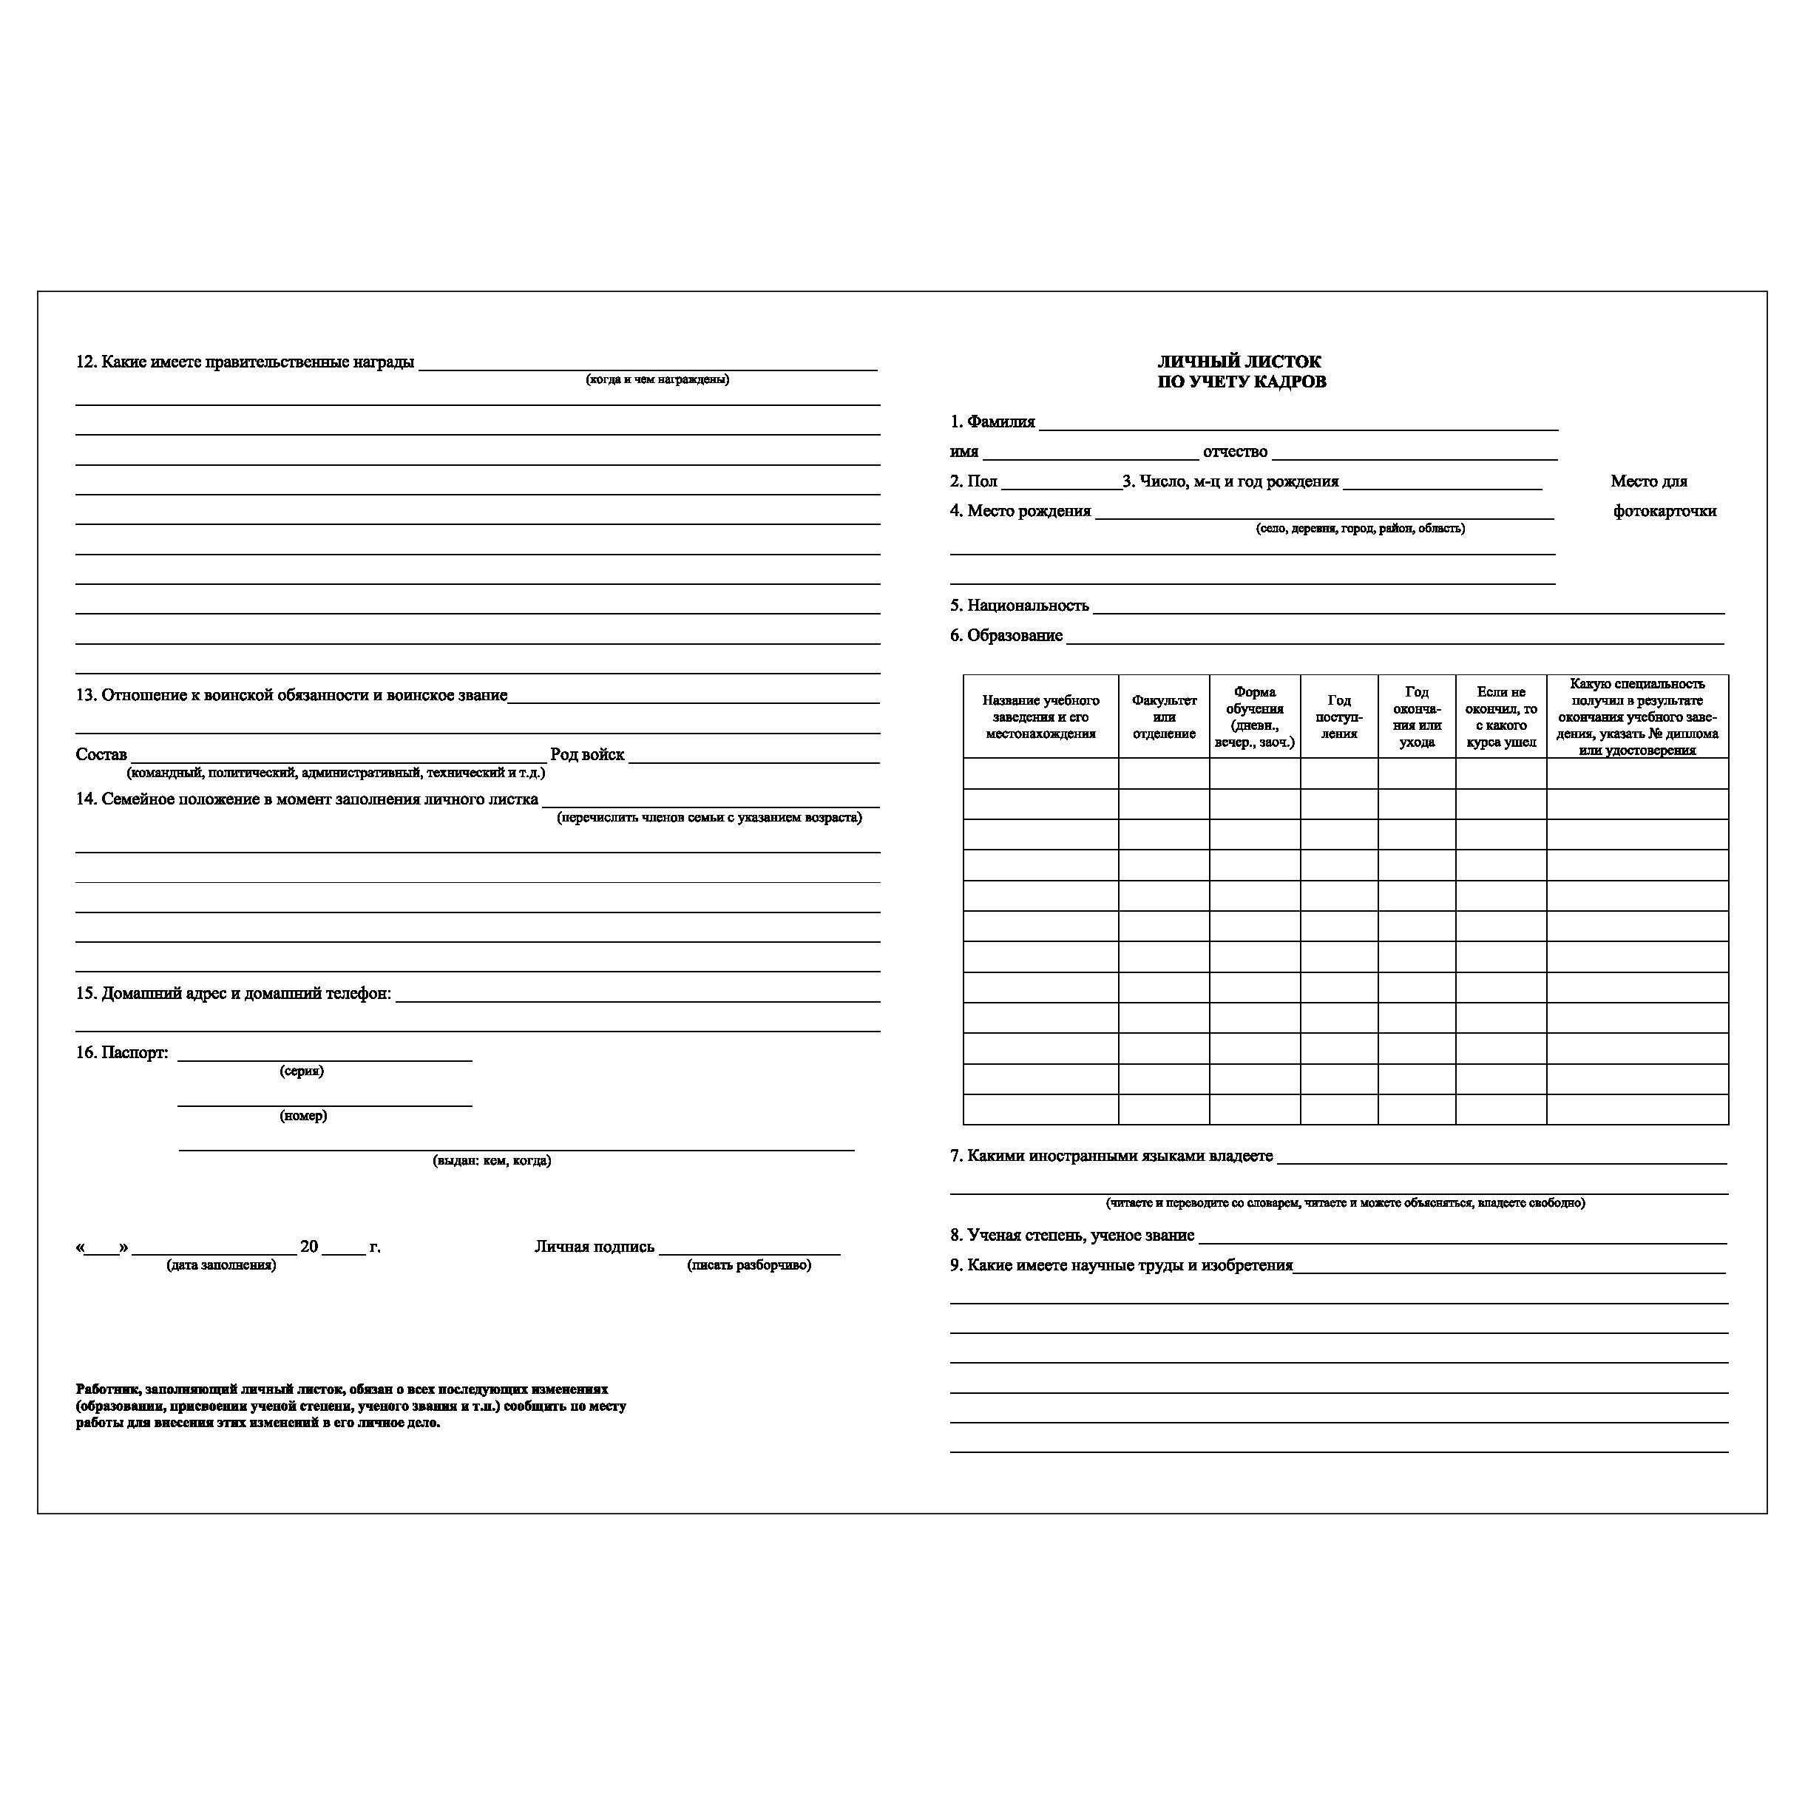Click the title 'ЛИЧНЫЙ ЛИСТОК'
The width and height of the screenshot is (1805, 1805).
point(1240,362)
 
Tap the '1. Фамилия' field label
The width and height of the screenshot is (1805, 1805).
point(992,422)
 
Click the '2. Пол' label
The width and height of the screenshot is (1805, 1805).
point(974,482)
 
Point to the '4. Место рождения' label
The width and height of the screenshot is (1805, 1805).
point(1020,511)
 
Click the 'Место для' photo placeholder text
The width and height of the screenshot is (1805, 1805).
point(1649,482)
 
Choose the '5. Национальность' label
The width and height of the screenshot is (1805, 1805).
point(1019,606)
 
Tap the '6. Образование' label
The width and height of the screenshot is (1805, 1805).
point(1006,636)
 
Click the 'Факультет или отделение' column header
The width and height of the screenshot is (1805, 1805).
point(1164,717)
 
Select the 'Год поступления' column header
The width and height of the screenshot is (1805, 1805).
point(1339,717)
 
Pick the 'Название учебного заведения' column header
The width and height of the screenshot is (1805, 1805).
point(1040,717)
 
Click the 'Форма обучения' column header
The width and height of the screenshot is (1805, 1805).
point(1255,717)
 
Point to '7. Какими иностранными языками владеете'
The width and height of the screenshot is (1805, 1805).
point(1111,1157)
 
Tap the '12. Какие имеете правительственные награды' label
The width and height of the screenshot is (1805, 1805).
point(245,362)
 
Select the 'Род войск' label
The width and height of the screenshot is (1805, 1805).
point(586,755)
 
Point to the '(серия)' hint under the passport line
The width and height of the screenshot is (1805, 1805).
point(302,1071)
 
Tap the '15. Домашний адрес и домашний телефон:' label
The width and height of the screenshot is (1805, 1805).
point(234,994)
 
